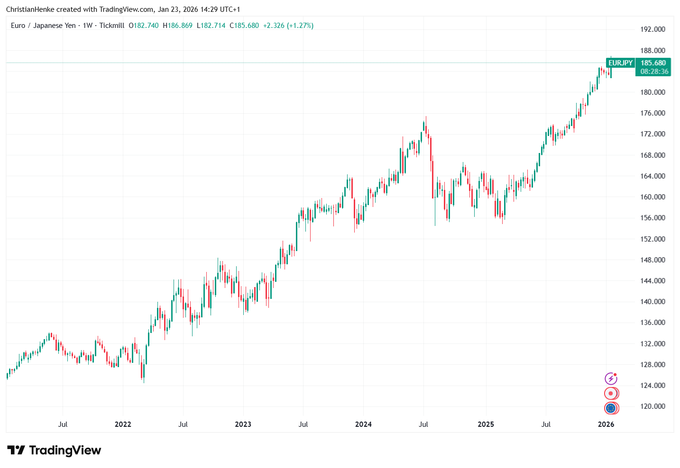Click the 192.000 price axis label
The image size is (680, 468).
tap(652, 29)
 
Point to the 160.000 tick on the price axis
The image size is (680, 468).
tap(652, 197)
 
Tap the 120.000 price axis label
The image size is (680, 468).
tap(652, 406)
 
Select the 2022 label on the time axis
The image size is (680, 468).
tap(123, 424)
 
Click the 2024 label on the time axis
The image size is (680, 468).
tap(363, 424)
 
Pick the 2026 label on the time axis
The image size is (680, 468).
tap(606, 424)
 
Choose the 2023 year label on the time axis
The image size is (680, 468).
tap(243, 424)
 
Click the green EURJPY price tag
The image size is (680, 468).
tap(620, 63)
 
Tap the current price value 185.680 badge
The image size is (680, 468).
tap(653, 63)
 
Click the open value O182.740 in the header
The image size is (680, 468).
tap(144, 26)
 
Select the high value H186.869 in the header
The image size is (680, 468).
tap(178, 26)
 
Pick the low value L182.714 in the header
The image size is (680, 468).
tap(211, 26)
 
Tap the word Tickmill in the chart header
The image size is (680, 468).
tap(112, 26)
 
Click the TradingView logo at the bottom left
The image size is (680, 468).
tap(54, 450)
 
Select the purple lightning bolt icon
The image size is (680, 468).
tap(611, 378)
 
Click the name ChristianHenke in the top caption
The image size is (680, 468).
tap(30, 9)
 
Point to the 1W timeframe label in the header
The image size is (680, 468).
tap(88, 26)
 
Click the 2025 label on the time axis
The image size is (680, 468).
tap(486, 424)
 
